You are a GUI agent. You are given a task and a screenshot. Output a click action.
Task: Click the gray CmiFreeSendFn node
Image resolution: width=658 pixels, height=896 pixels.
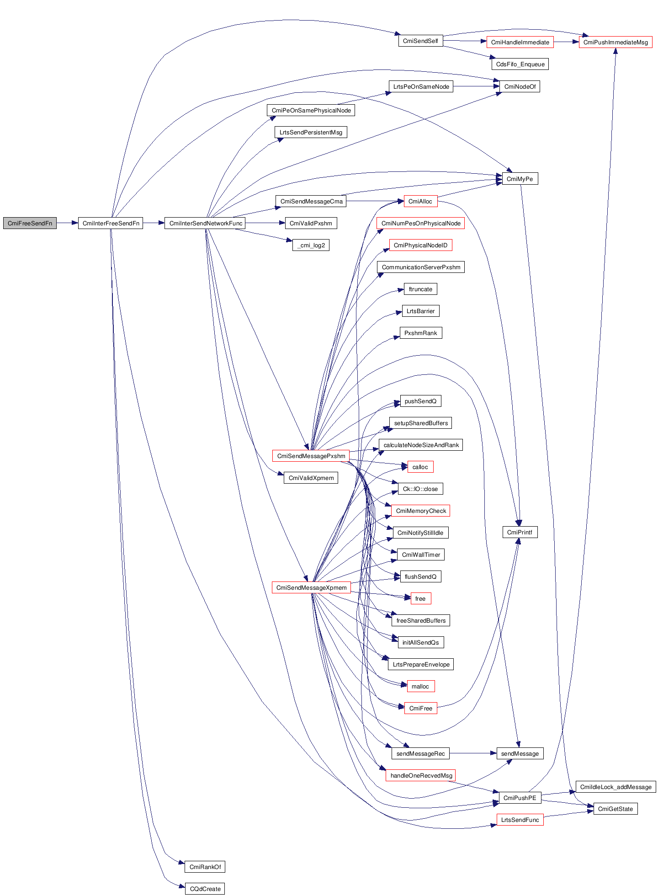(x=30, y=224)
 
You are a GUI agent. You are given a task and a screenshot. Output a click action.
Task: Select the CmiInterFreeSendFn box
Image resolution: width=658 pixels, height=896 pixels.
(x=111, y=224)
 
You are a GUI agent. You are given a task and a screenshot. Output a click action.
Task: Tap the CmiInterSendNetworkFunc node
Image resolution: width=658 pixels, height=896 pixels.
(x=205, y=224)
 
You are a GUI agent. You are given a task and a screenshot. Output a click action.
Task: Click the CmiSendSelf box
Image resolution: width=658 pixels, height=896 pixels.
(x=420, y=41)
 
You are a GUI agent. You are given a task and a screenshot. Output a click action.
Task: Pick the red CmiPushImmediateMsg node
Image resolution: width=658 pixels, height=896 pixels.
(x=616, y=43)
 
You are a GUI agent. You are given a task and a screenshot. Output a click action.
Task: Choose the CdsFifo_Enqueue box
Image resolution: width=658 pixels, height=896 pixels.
(x=520, y=64)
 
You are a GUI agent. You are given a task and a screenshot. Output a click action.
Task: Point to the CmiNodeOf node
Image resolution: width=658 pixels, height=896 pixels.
(x=520, y=87)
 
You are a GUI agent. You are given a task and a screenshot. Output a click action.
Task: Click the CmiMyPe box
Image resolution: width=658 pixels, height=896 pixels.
(x=520, y=179)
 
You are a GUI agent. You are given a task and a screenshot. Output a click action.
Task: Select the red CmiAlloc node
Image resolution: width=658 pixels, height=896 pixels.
(x=420, y=202)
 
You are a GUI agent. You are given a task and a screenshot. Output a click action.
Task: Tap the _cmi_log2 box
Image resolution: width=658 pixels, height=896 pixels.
(x=311, y=245)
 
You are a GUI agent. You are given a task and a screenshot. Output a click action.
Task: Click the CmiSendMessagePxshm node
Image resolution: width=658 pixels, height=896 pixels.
(x=311, y=456)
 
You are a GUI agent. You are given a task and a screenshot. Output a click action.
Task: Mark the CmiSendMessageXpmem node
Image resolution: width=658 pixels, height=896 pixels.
(x=311, y=588)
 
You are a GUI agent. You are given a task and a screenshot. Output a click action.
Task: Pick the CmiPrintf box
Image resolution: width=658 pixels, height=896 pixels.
(x=520, y=533)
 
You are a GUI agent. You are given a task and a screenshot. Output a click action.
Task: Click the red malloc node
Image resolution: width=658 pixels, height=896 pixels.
(x=420, y=687)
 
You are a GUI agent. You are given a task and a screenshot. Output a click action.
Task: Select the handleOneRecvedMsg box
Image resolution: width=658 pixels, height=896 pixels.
(x=421, y=776)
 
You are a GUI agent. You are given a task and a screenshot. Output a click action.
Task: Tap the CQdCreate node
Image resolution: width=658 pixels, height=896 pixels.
(x=205, y=889)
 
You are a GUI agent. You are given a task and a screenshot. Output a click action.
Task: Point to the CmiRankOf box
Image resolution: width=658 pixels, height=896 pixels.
(x=205, y=867)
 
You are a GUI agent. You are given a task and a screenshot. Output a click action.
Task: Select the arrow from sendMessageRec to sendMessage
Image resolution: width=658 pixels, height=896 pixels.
(x=473, y=753)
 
